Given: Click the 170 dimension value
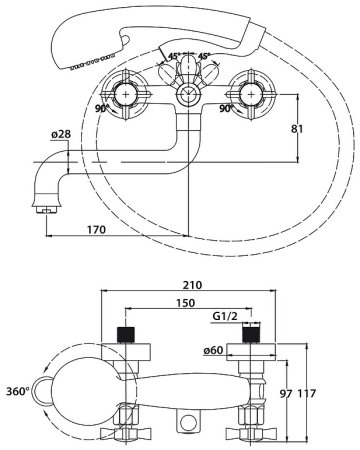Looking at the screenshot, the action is pyautogui.click(x=96, y=230).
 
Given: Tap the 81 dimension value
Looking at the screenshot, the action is pyautogui.click(x=297, y=129).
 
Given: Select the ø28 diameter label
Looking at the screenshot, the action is pyautogui.click(x=61, y=134).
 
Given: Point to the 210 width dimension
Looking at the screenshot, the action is pyautogui.click(x=192, y=285).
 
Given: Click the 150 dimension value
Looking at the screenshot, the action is pyautogui.click(x=185, y=303).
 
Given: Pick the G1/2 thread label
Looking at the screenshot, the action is pyautogui.click(x=225, y=316).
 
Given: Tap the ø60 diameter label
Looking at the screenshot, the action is pyautogui.click(x=213, y=350).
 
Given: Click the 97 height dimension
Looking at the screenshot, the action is pyautogui.click(x=286, y=394).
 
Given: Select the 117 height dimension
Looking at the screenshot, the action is pyautogui.click(x=306, y=394).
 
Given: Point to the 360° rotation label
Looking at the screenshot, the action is pyautogui.click(x=18, y=391).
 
